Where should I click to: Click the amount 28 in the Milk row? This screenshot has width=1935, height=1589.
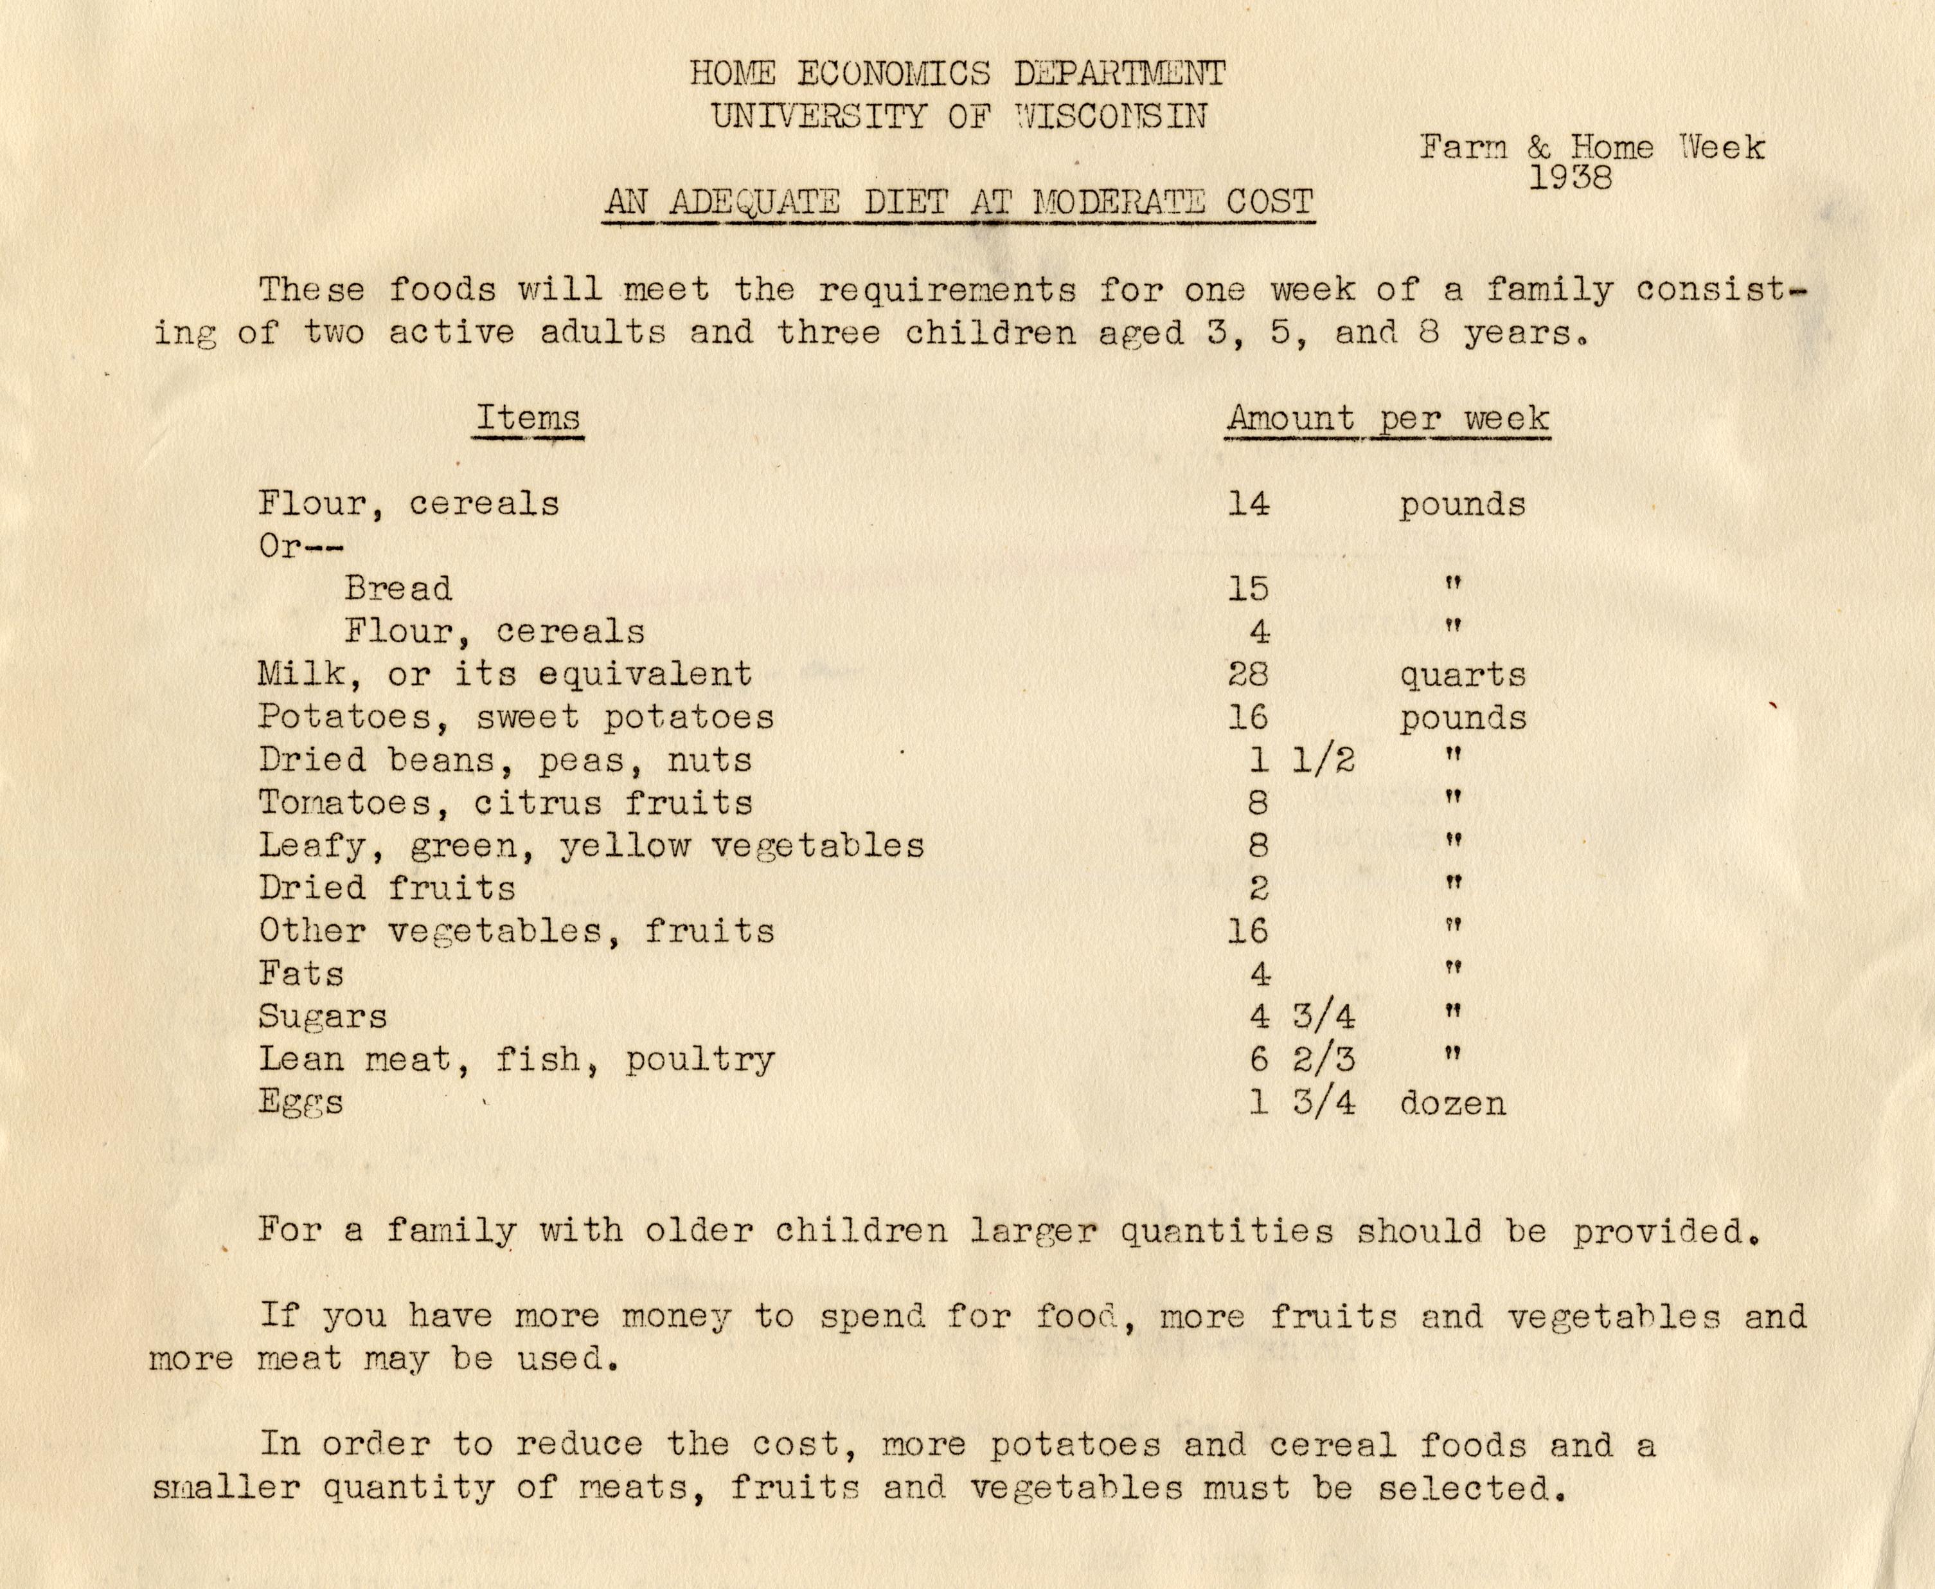1248,675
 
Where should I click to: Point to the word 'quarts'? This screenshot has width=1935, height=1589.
1462,675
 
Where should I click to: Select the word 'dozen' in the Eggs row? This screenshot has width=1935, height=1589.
1452,1103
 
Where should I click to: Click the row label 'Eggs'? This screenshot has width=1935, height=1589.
301,1102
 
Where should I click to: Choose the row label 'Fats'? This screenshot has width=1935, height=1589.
301,973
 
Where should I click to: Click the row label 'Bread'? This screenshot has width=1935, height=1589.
398,588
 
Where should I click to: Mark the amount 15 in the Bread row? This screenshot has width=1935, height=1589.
1248,588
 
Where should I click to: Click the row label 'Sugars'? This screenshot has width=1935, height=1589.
322,1017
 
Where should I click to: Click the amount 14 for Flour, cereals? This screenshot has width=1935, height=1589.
1248,504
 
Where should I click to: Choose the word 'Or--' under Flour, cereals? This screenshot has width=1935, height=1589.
301,547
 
